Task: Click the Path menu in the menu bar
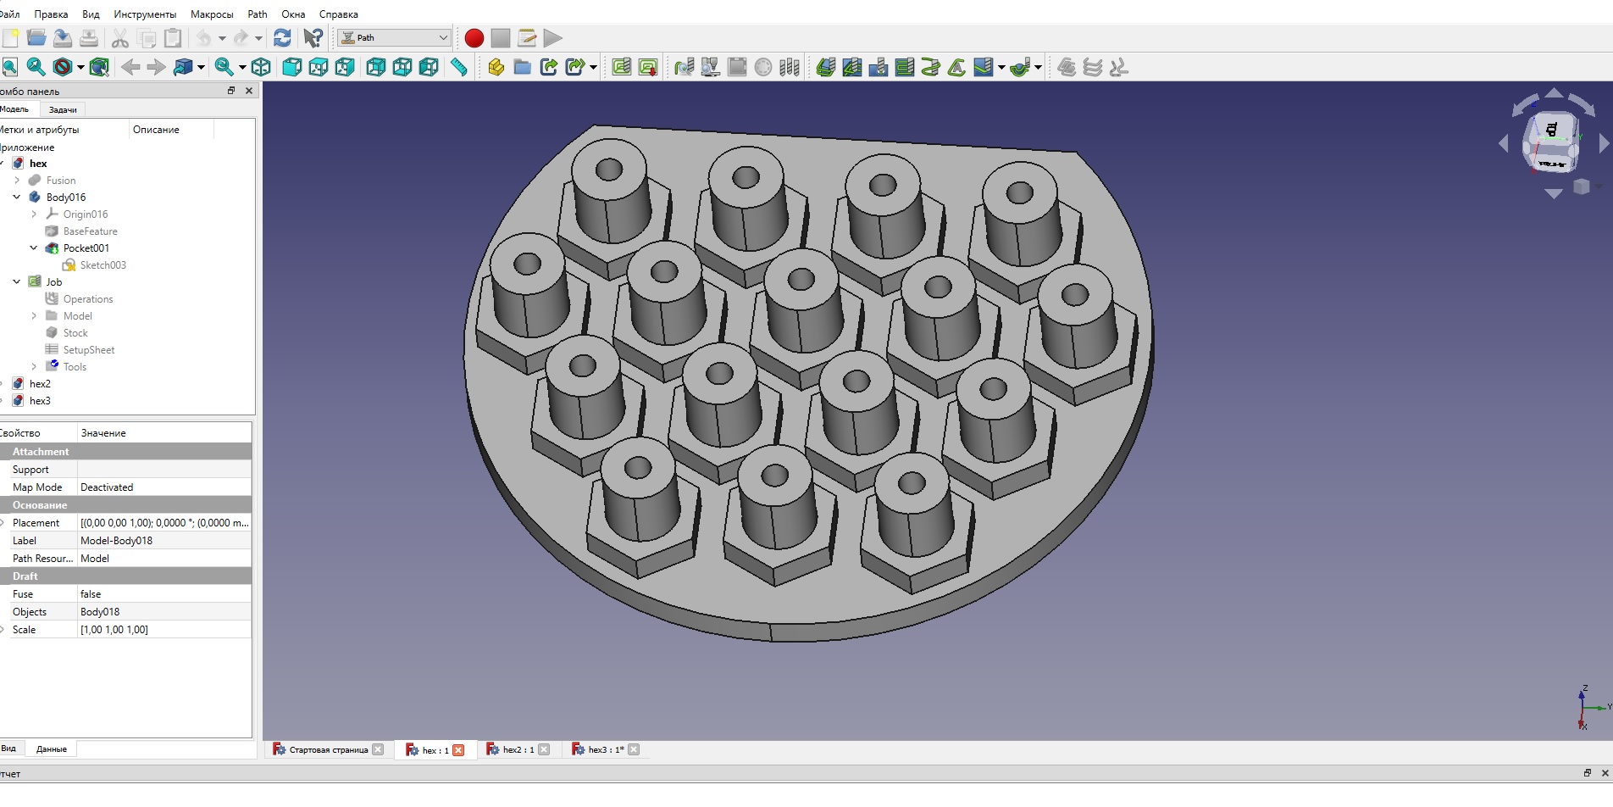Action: pyautogui.click(x=258, y=14)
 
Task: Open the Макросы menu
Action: pyautogui.click(x=212, y=14)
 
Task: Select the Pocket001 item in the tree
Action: pyautogui.click(x=86, y=248)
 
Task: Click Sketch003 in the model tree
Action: pyautogui.click(x=103, y=265)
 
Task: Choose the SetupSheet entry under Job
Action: pyautogui.click(x=89, y=350)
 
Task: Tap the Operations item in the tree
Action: pyautogui.click(x=88, y=299)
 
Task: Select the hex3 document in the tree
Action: pyautogui.click(x=40, y=401)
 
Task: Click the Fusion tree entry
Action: pyautogui.click(x=61, y=181)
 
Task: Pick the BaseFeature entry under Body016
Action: pyautogui.click(x=91, y=231)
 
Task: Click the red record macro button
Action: pyautogui.click(x=474, y=38)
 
